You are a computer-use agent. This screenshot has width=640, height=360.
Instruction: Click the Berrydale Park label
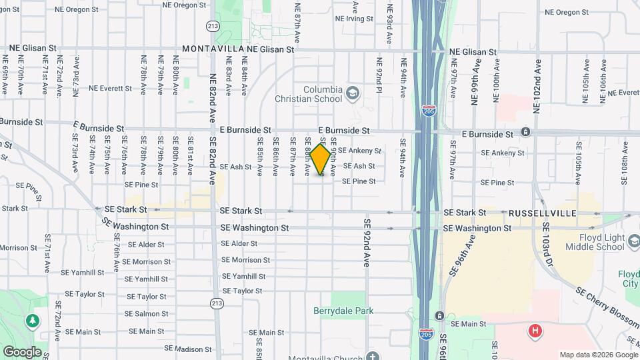click(x=343, y=311)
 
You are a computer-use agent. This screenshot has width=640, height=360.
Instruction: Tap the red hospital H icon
click(x=534, y=331)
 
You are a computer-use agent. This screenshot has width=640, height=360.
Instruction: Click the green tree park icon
click(x=32, y=322)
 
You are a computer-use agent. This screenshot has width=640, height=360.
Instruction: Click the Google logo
click(x=22, y=351)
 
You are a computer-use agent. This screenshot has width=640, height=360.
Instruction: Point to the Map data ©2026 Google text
click(x=599, y=355)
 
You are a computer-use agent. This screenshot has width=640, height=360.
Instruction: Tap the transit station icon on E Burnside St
click(x=526, y=132)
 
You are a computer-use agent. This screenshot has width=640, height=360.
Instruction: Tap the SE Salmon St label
click(x=147, y=313)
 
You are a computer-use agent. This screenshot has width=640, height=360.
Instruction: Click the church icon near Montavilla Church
click(x=372, y=357)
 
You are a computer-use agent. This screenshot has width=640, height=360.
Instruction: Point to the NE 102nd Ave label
click(x=537, y=80)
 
